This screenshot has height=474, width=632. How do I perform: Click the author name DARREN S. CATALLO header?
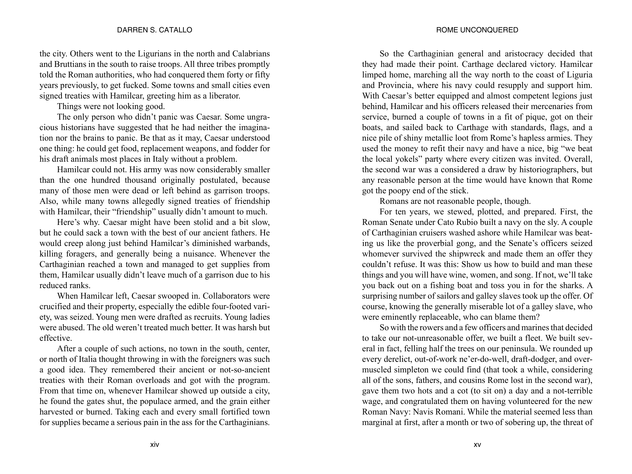click(155, 30)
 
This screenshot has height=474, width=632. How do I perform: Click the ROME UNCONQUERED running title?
click(477, 30)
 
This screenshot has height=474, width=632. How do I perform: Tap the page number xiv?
click(155, 445)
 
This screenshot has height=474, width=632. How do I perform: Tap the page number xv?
click(477, 445)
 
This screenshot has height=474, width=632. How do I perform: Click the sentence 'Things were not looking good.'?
click(111, 107)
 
